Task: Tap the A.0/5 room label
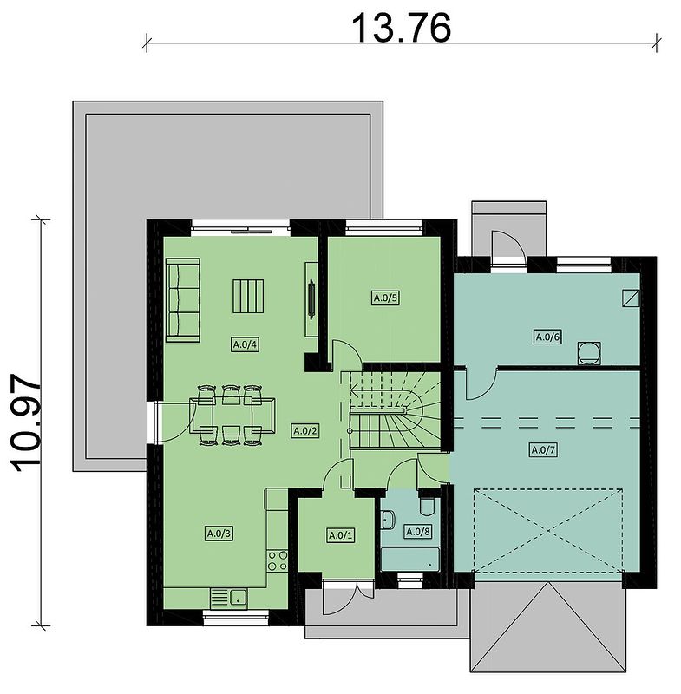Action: coord(386,298)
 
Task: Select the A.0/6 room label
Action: coord(547,337)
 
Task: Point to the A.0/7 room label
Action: coord(544,450)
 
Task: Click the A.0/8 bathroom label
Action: coord(418,531)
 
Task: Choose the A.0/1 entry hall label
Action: coord(341,535)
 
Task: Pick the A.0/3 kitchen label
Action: coord(219,534)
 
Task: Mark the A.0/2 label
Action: coord(305,430)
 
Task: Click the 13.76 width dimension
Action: coord(401,28)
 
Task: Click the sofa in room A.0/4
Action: coord(183,300)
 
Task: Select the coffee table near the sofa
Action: coord(248,296)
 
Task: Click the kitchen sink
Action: coord(228,599)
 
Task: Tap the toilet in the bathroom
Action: coord(428,505)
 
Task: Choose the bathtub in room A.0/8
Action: coord(410,559)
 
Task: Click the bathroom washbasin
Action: coord(388,520)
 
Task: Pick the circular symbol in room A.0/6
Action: coord(589,353)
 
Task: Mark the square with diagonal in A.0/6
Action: coord(631,298)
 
